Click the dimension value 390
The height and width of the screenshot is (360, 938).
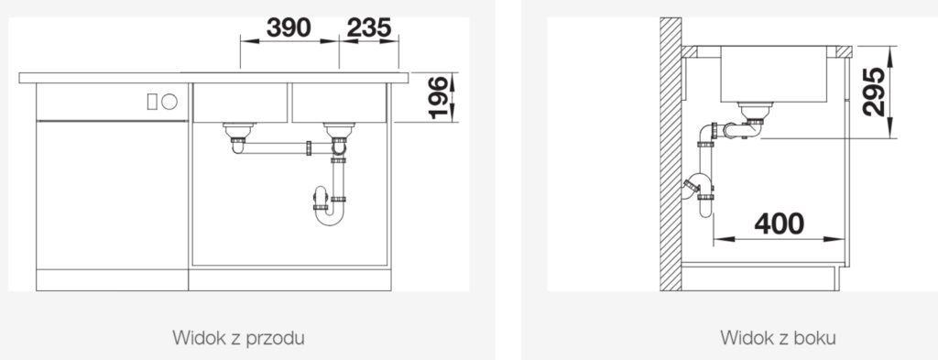(x=289, y=27)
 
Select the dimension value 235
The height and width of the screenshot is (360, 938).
(x=369, y=27)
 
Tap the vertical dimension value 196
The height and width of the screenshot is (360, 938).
(x=439, y=97)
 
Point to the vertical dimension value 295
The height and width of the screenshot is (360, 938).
(x=874, y=92)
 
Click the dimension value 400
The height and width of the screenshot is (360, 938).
(x=780, y=224)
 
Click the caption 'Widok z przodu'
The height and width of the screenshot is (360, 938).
(x=239, y=338)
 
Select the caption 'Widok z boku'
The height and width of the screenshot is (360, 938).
(x=779, y=338)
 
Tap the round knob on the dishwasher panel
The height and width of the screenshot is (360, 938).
(x=169, y=102)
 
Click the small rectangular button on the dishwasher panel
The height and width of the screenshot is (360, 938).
(x=152, y=102)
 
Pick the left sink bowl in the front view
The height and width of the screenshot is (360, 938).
(x=240, y=103)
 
